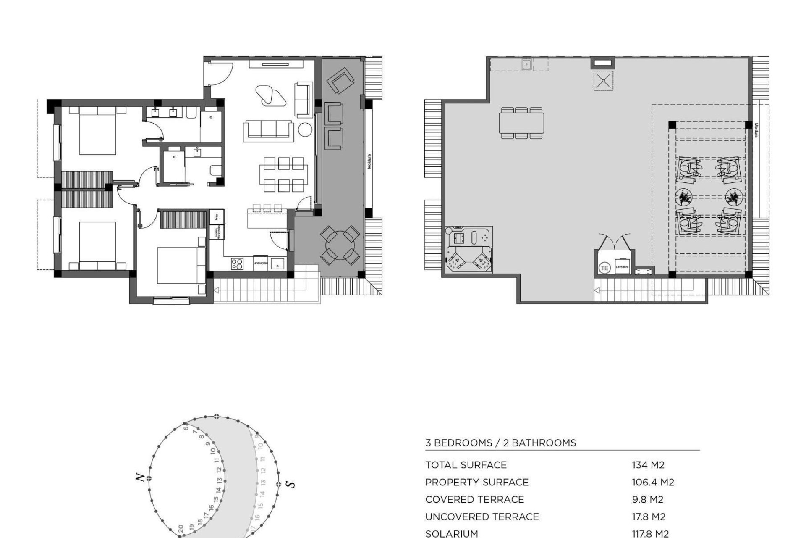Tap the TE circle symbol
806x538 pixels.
[604, 267]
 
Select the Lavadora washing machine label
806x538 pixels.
[622, 267]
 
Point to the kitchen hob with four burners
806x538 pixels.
[237, 264]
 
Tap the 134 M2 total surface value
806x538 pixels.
[648, 465]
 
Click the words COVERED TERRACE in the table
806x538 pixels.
[474, 499]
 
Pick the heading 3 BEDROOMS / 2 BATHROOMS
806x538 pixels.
[500, 443]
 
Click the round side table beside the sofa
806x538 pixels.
[305, 130]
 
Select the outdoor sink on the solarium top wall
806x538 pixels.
[527, 64]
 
